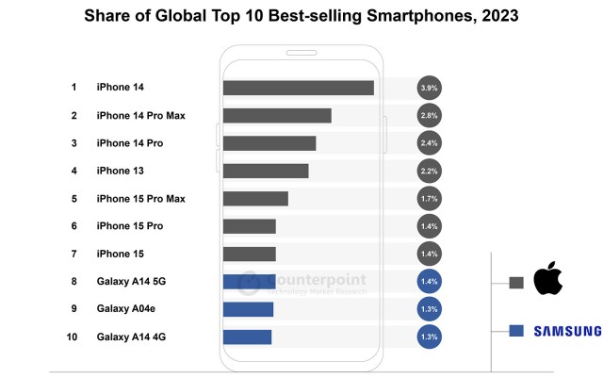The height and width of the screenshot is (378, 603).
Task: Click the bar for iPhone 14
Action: click(298, 88)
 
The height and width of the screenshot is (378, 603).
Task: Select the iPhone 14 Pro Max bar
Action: click(277, 115)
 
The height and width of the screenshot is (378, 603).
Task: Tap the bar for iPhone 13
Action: click(266, 171)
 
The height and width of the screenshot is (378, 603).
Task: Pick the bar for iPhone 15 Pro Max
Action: click(255, 198)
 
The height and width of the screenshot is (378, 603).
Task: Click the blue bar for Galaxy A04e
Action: click(248, 309)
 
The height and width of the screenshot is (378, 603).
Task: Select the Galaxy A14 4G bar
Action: click(247, 337)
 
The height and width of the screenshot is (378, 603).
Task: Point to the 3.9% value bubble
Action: click(429, 88)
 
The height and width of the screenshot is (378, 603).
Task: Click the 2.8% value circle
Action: click(429, 115)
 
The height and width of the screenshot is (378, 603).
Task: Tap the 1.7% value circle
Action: click(429, 199)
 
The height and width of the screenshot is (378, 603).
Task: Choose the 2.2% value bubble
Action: click(429, 171)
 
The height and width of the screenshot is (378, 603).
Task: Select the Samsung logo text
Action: click(567, 331)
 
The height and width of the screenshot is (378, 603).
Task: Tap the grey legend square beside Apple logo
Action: click(515, 282)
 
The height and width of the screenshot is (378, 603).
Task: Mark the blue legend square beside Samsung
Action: click(515, 331)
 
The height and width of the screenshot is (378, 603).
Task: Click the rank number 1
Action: click(73, 88)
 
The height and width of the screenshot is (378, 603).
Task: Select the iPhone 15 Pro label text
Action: click(130, 226)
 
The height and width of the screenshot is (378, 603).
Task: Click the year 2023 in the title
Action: click(495, 16)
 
